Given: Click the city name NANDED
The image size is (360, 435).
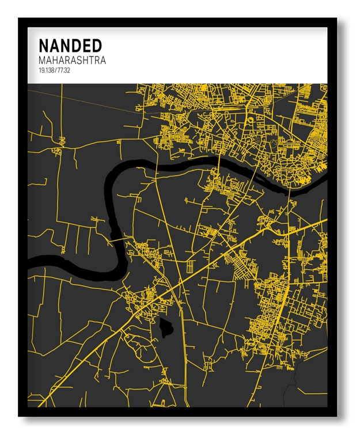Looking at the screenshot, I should click(x=70, y=45).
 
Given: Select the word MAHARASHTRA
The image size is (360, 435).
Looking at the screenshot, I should click(x=72, y=60).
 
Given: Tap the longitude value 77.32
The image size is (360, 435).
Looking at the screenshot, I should click(x=63, y=70).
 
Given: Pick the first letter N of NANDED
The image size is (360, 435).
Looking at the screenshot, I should click(x=43, y=45).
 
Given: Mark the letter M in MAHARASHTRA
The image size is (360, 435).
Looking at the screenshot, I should click(x=42, y=60).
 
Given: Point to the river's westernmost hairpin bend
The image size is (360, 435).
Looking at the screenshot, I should click(x=107, y=190).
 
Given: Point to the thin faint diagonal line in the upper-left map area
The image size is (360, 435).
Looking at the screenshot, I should click(x=86, y=101).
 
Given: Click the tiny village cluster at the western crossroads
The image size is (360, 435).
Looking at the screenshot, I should click(x=56, y=151).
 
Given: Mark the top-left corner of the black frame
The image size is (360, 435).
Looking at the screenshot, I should click(x=20, y=20).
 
